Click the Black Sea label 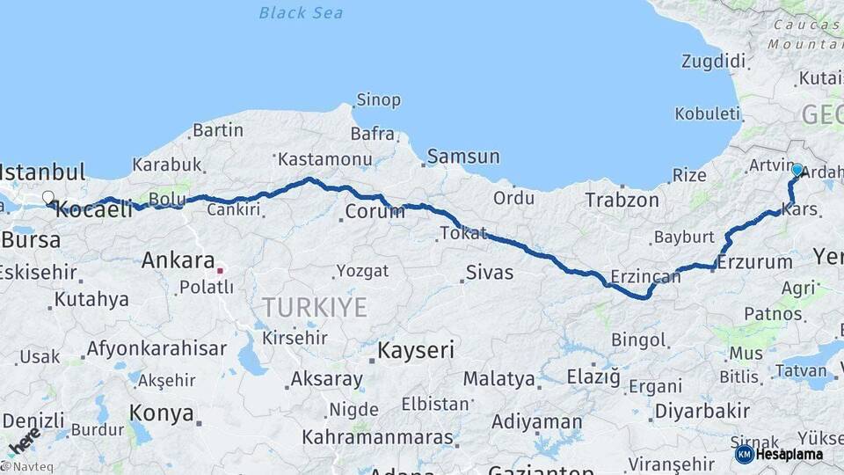coord(301,13)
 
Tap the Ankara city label coord(178,260)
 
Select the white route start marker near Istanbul coord(47,198)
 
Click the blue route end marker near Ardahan coord(797,170)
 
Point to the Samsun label coord(462,157)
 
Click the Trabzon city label coord(622,201)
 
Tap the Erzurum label coord(754,261)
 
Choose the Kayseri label coord(416,350)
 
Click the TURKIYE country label coord(314,306)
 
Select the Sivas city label coord(490,273)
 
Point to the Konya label coord(161,413)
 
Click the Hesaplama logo coord(779,454)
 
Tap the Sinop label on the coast coord(378,100)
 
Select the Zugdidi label coord(713,62)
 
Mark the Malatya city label coord(499,379)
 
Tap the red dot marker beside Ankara coord(220,270)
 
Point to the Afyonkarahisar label coord(156,348)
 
